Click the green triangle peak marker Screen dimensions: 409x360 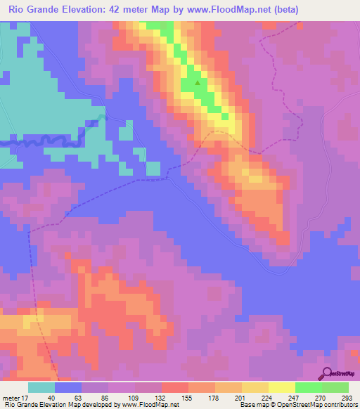click(198, 83)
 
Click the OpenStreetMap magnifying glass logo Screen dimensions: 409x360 click(327, 373)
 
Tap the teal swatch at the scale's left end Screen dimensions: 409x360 click(41, 388)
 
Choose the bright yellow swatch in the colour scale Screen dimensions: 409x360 click(281, 388)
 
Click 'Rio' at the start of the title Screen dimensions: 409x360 click(17, 10)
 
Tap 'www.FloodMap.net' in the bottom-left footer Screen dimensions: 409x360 click(150, 404)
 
